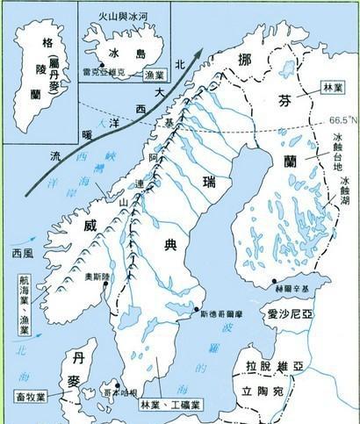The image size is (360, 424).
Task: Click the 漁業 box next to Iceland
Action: tap(148, 77)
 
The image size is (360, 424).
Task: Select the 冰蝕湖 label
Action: tap(346, 195)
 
